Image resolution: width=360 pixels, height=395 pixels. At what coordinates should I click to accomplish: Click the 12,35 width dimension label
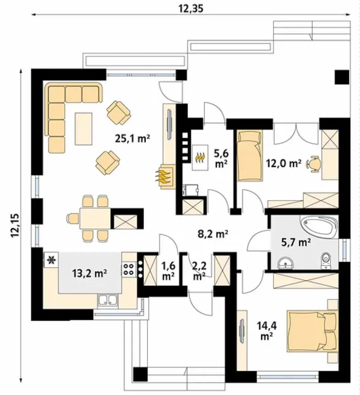(x=191, y=8)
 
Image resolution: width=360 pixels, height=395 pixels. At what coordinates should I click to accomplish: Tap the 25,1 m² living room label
(x=133, y=138)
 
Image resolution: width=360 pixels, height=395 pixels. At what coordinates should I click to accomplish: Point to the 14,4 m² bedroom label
(x=266, y=331)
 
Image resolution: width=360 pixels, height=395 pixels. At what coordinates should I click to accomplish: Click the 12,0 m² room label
(x=284, y=164)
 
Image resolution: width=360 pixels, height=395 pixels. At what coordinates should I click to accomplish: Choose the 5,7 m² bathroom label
(x=296, y=242)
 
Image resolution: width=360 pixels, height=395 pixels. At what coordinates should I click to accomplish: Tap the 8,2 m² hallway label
(x=213, y=234)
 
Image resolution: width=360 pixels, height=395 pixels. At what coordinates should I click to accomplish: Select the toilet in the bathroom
(x=326, y=260)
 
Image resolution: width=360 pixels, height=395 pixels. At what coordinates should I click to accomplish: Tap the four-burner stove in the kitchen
(x=129, y=269)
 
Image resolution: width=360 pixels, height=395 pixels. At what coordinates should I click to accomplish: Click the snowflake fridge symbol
(x=52, y=260)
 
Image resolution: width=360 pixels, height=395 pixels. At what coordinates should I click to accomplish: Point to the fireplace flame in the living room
(x=163, y=176)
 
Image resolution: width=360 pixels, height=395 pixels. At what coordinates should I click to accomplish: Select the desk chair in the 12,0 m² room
(x=314, y=164)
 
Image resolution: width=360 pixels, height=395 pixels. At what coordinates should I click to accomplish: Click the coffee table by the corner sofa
(x=83, y=129)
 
